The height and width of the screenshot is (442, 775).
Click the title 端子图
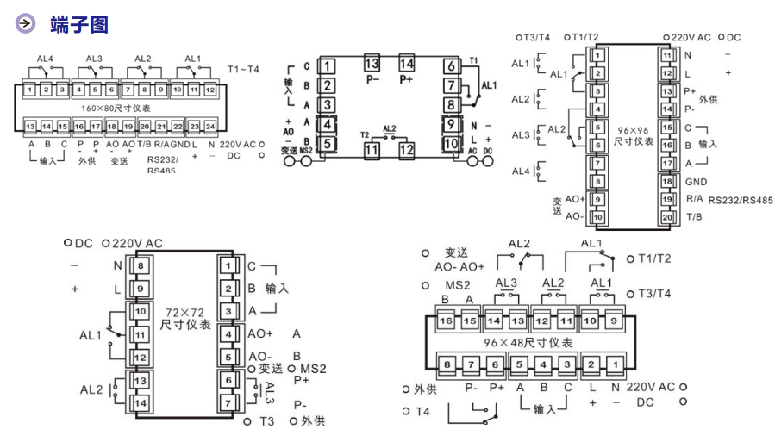pyautogui.click(x=78, y=24)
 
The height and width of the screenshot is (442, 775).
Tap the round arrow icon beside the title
pyautogui.click(x=27, y=24)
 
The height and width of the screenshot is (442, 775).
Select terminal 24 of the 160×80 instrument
pyautogui.click(x=210, y=126)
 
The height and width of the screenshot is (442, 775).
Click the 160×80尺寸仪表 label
pyautogui.click(x=116, y=108)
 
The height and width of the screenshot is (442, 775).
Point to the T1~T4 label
pyautogui.click(x=243, y=69)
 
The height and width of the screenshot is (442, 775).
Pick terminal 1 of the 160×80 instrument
pyautogui.click(x=29, y=89)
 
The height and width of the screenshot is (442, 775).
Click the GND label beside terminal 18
pyautogui.click(x=696, y=182)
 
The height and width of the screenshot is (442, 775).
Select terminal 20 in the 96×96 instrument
pyautogui.click(x=667, y=217)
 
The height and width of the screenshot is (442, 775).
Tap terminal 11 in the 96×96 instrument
pyautogui.click(x=667, y=54)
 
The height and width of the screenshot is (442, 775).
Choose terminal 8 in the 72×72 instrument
pyautogui.click(x=141, y=265)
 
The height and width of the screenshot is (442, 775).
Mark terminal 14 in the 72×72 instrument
pyautogui.click(x=141, y=402)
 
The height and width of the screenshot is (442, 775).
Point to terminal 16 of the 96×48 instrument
pyautogui.click(x=446, y=321)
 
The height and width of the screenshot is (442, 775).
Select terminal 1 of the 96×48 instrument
pyautogui.click(x=614, y=364)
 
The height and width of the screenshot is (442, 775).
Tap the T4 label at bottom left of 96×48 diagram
pyautogui.click(x=422, y=411)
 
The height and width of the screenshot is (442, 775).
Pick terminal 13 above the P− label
pyautogui.click(x=372, y=63)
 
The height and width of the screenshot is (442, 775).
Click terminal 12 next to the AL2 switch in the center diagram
pyautogui.click(x=406, y=148)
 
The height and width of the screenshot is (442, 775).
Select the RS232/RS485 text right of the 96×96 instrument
pyautogui.click(x=740, y=200)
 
